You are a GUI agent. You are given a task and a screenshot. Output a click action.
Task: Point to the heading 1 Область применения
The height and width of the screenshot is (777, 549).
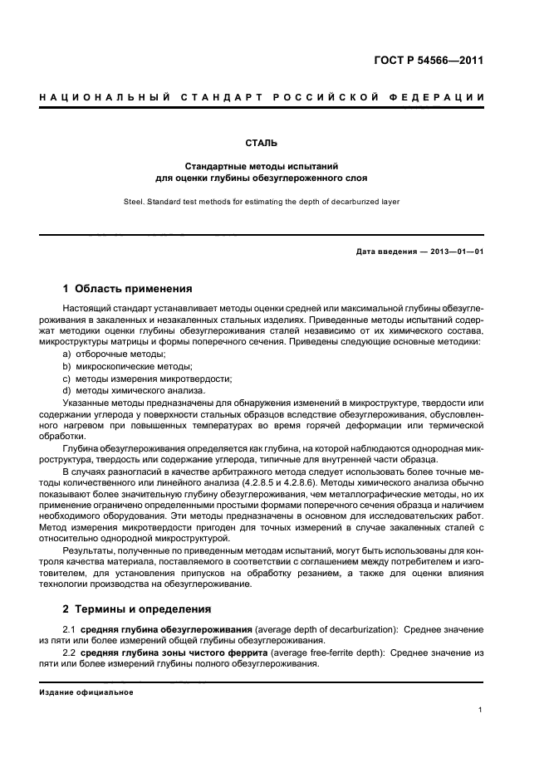point(128,289)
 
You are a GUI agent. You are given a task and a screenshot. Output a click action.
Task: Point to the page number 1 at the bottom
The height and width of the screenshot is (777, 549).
point(481,711)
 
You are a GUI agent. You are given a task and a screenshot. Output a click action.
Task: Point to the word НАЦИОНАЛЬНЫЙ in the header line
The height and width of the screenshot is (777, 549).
point(93,99)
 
